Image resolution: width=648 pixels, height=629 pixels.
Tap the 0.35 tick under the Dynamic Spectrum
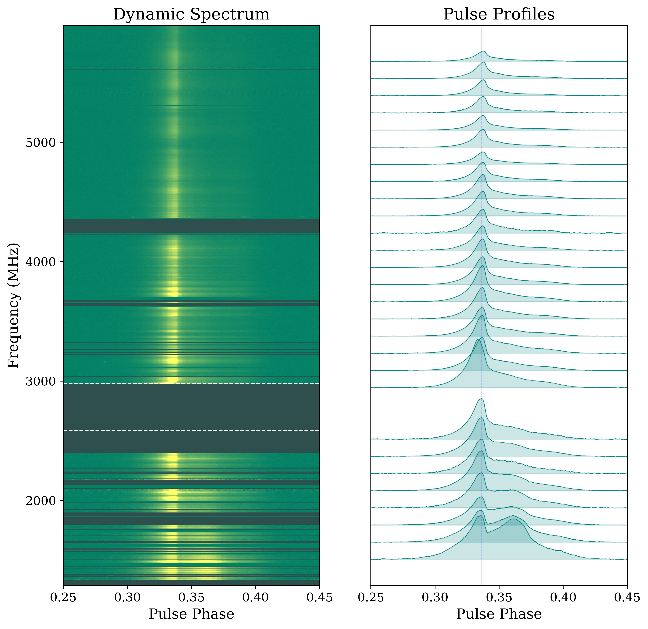pos(191,598)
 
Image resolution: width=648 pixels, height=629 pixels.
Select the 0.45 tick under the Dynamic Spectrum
pos(319,598)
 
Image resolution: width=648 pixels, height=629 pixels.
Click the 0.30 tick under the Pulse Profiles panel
pos(435,598)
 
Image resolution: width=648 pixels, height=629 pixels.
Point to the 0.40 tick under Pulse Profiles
pos(563,598)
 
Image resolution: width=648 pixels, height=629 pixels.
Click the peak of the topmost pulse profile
pos(484,51)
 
